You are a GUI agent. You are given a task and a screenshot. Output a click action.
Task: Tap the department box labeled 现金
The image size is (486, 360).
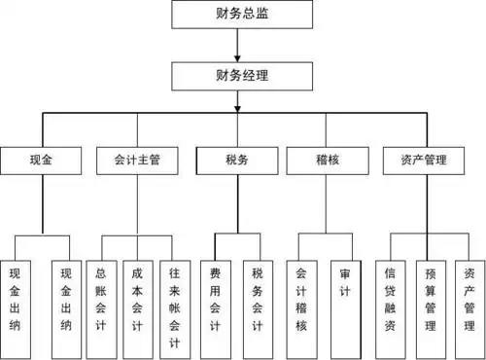tap(40, 160)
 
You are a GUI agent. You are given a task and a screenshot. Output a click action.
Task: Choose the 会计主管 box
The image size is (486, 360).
tap(136, 160)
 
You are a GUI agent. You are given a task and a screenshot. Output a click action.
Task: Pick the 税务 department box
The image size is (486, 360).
tap(232, 160)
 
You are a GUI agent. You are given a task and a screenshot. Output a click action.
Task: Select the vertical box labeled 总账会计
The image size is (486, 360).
tap(101, 298)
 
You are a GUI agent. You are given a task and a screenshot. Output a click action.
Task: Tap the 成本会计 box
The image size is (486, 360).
tap(137, 298)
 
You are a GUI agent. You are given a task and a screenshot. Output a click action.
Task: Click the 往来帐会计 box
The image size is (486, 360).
tap(174, 298)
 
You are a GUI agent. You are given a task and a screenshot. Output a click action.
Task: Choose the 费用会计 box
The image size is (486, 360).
tap(215, 298)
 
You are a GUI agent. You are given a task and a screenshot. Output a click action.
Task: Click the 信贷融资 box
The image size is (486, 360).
tap(391, 298)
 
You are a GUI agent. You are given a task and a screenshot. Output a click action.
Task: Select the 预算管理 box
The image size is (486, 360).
tap(432, 298)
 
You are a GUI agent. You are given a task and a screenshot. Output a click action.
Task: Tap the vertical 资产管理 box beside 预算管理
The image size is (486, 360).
tap(469, 298)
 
